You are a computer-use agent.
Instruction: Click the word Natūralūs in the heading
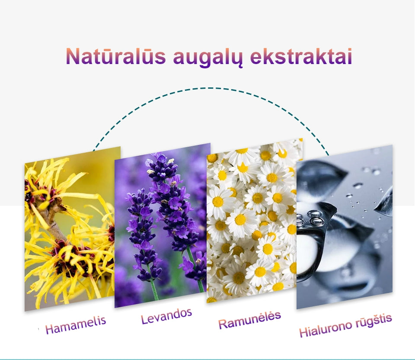click(x=116, y=56)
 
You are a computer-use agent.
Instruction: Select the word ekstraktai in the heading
click(x=301, y=56)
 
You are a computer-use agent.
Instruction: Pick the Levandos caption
click(x=166, y=316)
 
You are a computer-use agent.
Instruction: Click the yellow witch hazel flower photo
click(x=72, y=228)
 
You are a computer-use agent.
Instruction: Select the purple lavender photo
click(x=162, y=225)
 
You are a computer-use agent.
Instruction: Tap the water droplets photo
click(x=345, y=227)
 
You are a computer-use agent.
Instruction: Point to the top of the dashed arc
click(x=211, y=88)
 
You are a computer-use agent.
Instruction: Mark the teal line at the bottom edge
click(x=207, y=359)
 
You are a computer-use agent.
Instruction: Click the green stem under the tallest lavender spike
click(x=195, y=270)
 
